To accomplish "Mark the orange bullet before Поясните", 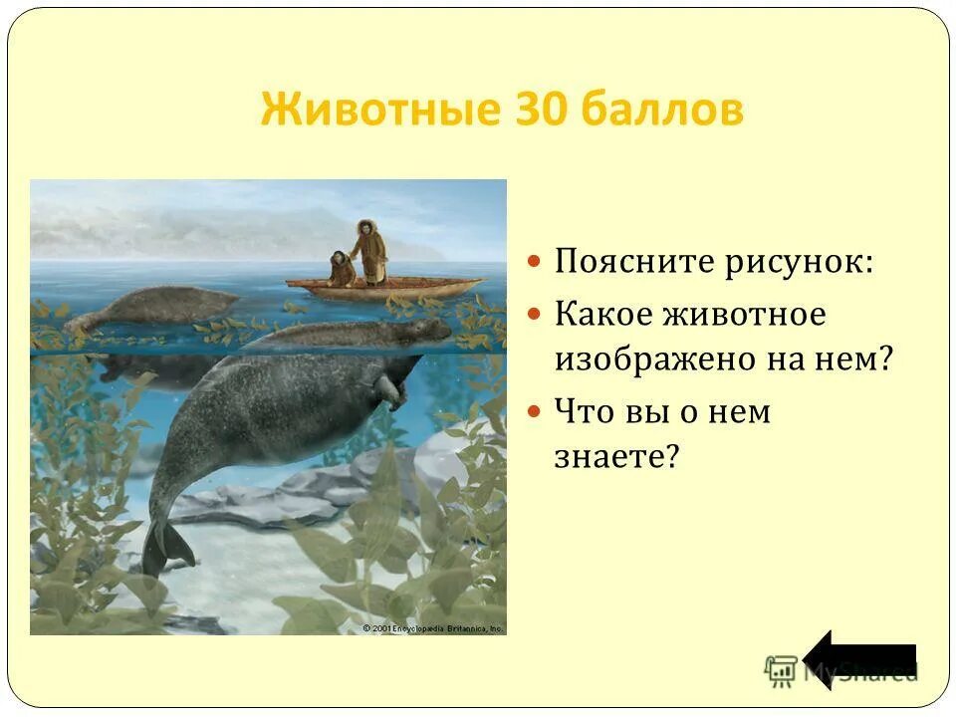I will coord(535,264).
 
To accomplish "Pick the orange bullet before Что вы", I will coord(535,410).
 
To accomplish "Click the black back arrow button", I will coord(859,658).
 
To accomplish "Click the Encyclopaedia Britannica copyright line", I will coord(432,628).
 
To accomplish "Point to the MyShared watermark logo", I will coord(842,670).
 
